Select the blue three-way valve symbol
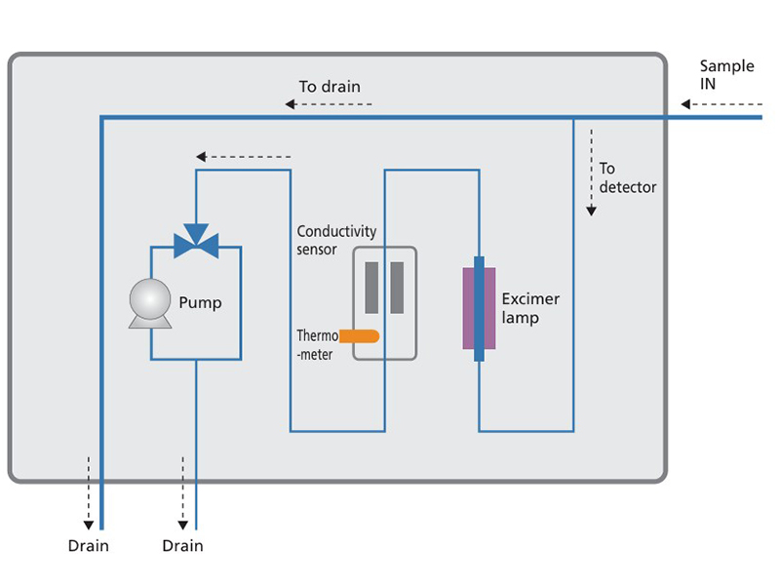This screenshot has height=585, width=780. coord(196,241)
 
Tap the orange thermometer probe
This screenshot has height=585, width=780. coord(360,336)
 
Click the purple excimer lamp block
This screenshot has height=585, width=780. coord(479,308)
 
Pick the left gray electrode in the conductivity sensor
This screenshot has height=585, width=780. coord(371,288)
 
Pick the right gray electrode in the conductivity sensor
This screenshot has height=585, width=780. coord(397,288)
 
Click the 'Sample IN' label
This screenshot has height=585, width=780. coord(726,75)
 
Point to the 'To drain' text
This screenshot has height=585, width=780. coord(330,87)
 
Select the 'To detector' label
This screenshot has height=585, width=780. coord(627,177)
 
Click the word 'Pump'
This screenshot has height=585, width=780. coord(200,302)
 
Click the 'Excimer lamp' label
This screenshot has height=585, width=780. coord(529,308)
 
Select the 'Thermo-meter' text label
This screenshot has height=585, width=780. coord(316,345)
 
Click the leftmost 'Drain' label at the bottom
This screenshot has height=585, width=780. coord(89,545)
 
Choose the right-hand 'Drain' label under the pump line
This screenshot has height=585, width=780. coord(183,545)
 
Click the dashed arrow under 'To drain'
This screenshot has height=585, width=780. coord(329,104)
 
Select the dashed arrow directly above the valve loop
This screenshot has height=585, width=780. coord(244,156)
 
